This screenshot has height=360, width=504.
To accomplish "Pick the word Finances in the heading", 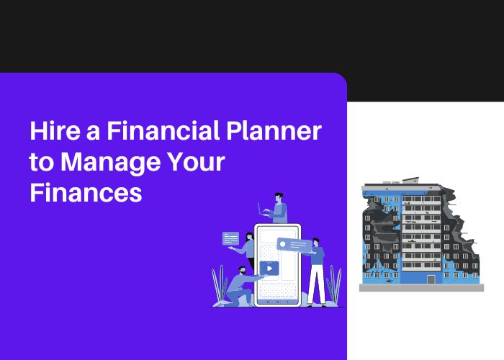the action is pyautogui.click(x=86, y=192).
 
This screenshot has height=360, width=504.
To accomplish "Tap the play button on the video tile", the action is pyautogui.click(x=269, y=269).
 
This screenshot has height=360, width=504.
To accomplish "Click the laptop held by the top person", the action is pyautogui.click(x=262, y=210).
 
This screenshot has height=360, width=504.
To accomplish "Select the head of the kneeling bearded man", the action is pyautogui.click(x=242, y=270).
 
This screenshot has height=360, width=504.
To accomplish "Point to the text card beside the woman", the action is pyautogui.click(x=231, y=238).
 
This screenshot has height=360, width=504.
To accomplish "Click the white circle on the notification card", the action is pyautogui.click(x=282, y=244).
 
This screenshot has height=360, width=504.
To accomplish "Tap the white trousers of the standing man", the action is pyautogui.click(x=317, y=284).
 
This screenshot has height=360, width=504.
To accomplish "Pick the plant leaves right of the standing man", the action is pyautogui.click(x=334, y=284).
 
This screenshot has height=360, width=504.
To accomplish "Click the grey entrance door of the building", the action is pyautogui.click(x=431, y=279).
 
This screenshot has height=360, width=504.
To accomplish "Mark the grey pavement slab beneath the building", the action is pyautogui.click(x=421, y=288).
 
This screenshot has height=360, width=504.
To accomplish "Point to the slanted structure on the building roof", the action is pyautogui.click(x=411, y=180).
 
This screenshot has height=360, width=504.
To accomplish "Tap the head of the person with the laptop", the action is pyautogui.click(x=279, y=197).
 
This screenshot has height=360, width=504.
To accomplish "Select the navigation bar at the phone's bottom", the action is pyautogui.click(x=278, y=302).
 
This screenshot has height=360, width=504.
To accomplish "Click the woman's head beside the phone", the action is pyautogui.click(x=250, y=237).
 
